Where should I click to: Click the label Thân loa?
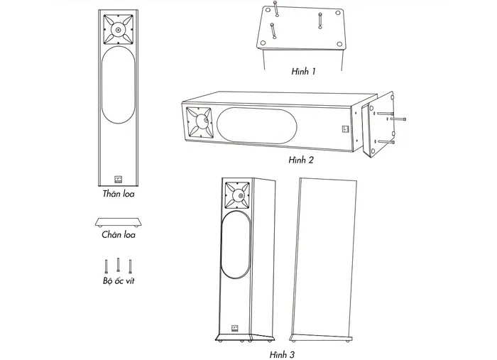tap(119, 194)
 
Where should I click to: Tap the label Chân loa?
tap(119, 234)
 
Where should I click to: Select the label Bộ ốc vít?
tap(119, 280)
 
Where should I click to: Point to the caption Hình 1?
tap(303, 71)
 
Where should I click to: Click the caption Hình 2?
tap(301, 160)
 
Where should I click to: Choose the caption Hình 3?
tap(282, 354)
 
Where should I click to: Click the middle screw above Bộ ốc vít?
tap(119, 265)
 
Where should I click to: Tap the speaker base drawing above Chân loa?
tap(119, 222)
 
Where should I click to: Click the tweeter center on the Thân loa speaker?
tap(119, 30)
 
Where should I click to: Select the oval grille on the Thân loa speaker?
tap(119, 84)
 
